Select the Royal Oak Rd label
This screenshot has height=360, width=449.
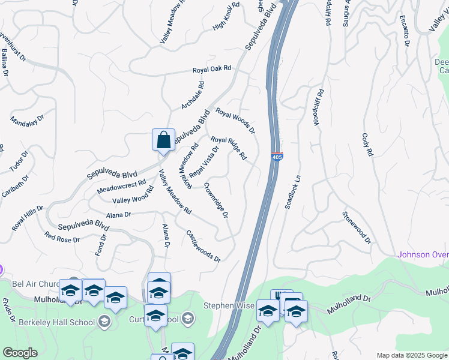point(212,70)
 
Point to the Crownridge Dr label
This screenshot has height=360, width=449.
point(216,200)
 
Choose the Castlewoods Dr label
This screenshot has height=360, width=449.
point(203,246)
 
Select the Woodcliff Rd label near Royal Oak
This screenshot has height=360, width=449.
point(318,107)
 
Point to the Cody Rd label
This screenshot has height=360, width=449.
point(368,145)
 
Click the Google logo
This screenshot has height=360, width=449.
point(20,353)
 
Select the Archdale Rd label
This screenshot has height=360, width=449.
point(193,96)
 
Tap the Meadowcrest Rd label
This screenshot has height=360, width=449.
point(122,188)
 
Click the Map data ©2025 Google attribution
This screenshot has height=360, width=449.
point(411,355)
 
